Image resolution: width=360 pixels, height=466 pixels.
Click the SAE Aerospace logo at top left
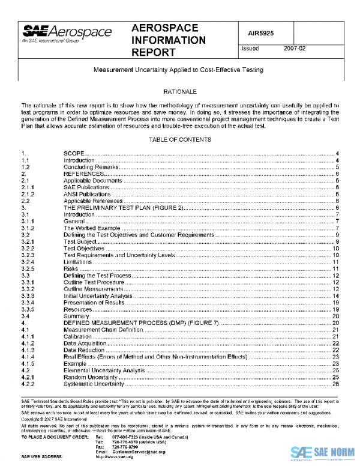(66, 34)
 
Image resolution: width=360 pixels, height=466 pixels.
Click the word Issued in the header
(250, 49)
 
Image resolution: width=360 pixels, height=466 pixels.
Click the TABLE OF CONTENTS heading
(180, 140)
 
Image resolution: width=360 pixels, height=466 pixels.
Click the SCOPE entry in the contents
(74, 154)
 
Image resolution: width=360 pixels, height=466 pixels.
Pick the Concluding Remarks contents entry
(88, 167)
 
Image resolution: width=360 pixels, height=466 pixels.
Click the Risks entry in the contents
(71, 268)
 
